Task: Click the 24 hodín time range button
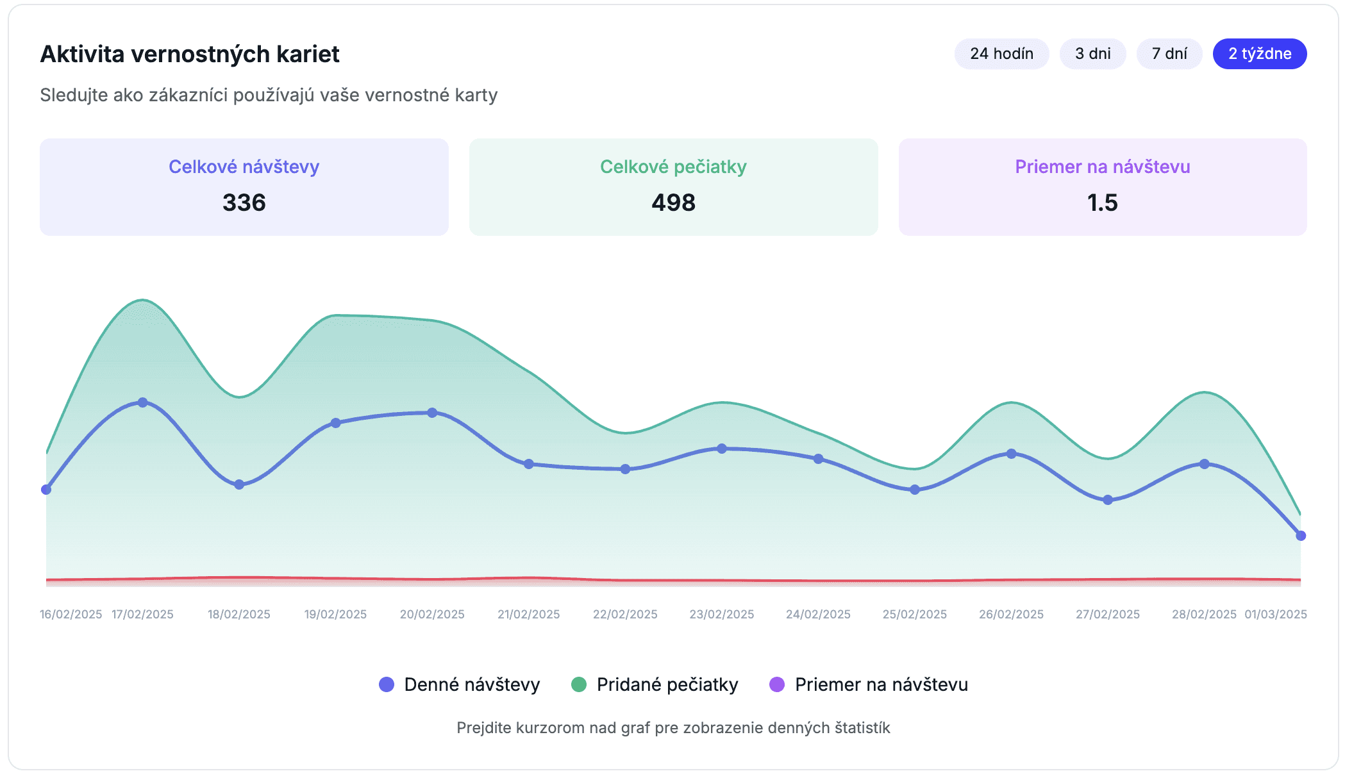pos(1001,54)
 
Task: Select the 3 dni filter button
pos(1092,54)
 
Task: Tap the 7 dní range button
pos(1169,54)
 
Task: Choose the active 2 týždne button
pos(1260,54)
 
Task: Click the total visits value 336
pos(244,203)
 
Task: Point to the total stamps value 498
pos(673,203)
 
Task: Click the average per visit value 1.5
pos(1103,203)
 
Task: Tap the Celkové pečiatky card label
pos(673,167)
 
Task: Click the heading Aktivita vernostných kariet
pos(190,54)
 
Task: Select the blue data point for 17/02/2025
pos(142,402)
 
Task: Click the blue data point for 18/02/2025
pos(239,484)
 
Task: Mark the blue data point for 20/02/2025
pos(432,413)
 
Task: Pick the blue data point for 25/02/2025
pos(915,490)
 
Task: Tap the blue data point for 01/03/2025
pos(1301,536)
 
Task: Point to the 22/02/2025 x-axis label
pos(625,615)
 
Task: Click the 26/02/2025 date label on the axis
pos(1011,615)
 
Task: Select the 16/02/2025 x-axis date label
pos(71,615)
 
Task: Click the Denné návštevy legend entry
pos(460,684)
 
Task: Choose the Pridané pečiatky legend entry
pos(655,684)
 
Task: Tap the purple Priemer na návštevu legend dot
pos(777,684)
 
